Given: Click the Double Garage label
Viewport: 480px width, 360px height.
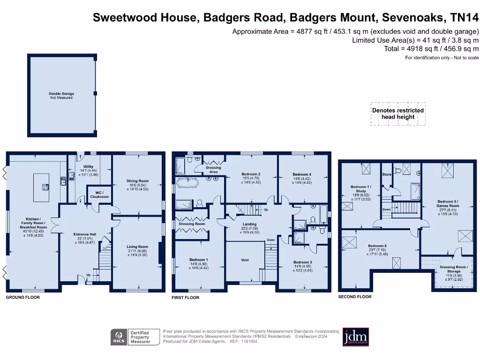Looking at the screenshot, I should click(x=61, y=94).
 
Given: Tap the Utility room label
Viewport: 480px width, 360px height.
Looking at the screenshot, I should click(x=88, y=166).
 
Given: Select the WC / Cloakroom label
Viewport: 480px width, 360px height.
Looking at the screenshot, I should click(x=99, y=195).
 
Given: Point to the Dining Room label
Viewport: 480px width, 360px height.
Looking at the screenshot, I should click(x=138, y=181).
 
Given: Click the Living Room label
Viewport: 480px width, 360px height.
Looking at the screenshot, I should click(x=138, y=247).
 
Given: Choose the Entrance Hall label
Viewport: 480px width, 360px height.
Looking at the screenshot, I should click(x=85, y=234).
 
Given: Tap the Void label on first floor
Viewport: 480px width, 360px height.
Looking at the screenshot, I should click(x=245, y=260).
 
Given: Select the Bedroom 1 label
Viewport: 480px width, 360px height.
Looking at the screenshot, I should click(x=199, y=260).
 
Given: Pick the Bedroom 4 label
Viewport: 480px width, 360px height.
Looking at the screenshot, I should click(x=302, y=174).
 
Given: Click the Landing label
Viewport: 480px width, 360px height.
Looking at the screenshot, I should click(x=249, y=225).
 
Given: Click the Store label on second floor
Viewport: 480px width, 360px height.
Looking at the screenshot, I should click(x=387, y=175).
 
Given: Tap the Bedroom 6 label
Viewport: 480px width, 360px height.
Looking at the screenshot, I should click(x=377, y=246).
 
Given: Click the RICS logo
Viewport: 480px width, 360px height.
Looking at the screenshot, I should click(x=119, y=337).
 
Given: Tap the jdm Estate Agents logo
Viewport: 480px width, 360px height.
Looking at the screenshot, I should click(x=355, y=336).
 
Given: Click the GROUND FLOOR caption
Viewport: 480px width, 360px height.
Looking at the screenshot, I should click(x=22, y=297).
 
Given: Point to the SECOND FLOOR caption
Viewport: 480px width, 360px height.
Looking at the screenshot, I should click(x=355, y=297).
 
